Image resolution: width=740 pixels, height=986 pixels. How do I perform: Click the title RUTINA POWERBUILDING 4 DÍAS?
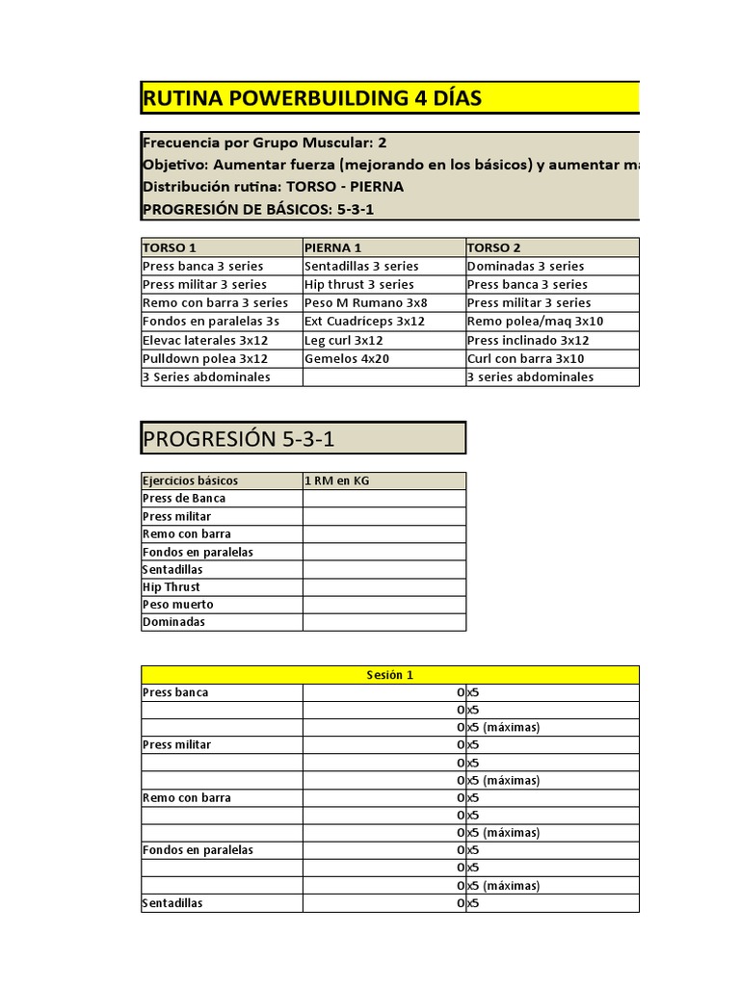click(x=312, y=98)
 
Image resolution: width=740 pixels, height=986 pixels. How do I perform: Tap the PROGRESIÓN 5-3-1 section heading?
click(x=239, y=439)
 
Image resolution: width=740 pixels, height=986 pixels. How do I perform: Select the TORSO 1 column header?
click(x=170, y=247)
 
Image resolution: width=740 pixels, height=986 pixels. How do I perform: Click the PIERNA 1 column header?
click(x=333, y=247)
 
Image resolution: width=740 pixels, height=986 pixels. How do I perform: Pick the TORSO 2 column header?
click(x=494, y=247)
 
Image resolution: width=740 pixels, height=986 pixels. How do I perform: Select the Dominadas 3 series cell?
click(x=525, y=266)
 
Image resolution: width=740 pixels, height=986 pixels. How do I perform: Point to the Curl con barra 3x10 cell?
click(x=525, y=358)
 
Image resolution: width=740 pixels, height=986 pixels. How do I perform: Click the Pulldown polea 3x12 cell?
click(x=205, y=358)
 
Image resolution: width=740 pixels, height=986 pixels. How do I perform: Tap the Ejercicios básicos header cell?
click(x=190, y=480)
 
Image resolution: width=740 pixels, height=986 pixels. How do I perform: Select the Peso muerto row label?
click(x=178, y=605)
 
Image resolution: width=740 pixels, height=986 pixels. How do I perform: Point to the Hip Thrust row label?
click(x=172, y=586)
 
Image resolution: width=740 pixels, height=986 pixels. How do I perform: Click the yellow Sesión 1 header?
click(x=389, y=675)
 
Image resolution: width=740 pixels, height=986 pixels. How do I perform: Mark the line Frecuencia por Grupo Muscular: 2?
click(x=265, y=142)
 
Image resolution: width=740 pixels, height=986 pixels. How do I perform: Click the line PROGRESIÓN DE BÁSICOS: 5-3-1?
click(x=258, y=209)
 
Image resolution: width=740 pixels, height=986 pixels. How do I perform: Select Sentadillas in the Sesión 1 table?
click(x=172, y=903)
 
